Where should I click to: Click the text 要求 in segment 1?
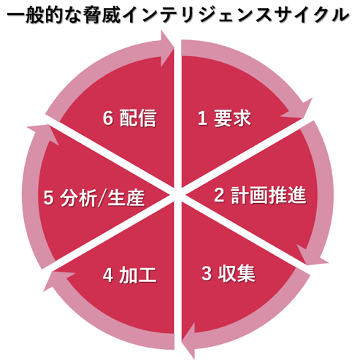232,118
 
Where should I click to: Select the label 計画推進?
269,195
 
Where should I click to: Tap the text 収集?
237,274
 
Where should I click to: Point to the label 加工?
138,275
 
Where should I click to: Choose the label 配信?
138,118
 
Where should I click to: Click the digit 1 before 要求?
202,118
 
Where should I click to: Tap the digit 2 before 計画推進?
219,195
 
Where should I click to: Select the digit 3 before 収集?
207,274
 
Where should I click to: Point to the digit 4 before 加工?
107,275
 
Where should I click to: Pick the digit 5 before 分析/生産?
48,198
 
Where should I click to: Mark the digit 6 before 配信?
107,118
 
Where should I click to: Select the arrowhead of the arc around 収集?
190,341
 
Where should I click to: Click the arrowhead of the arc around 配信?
166,48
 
